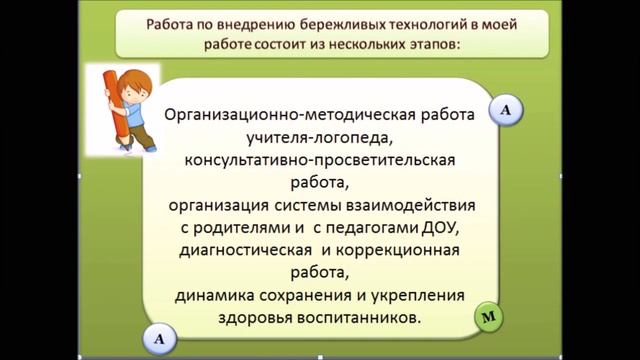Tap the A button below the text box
click(159, 339)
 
